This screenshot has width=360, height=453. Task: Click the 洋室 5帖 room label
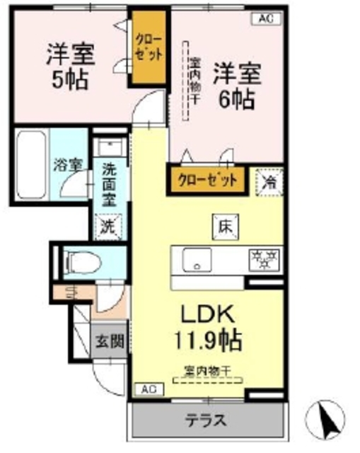pyautogui.click(x=69, y=66)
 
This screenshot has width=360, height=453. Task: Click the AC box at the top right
pyautogui.click(x=265, y=20)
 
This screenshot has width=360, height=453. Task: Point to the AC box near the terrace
pyautogui.click(x=148, y=389)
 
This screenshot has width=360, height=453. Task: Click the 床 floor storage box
pyautogui.click(x=225, y=226)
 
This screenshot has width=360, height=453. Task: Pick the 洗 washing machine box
pyautogui.click(x=108, y=228)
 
